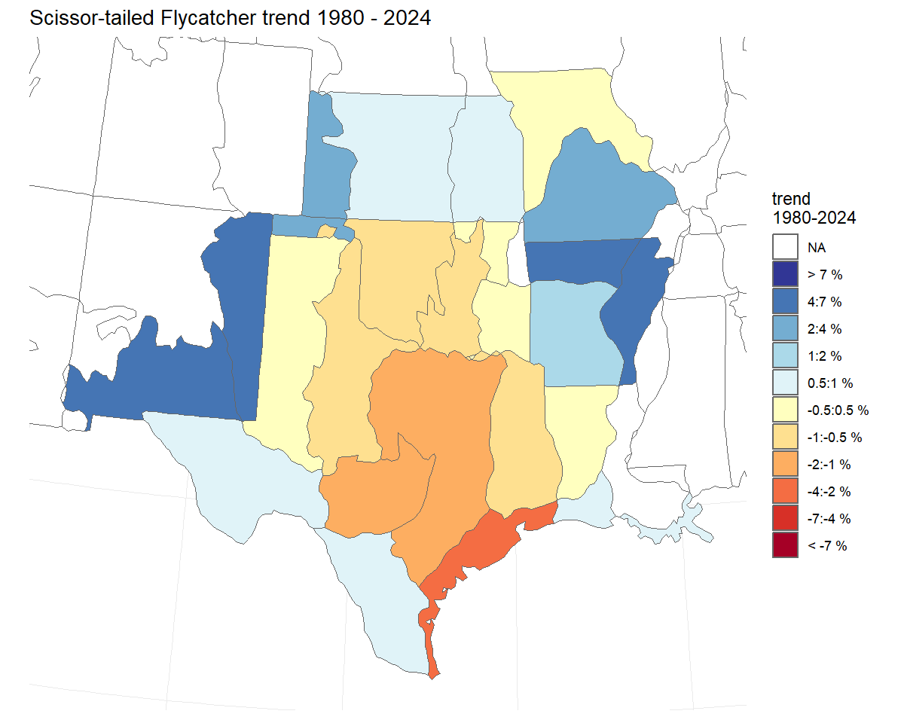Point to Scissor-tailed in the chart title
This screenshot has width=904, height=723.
(90, 19)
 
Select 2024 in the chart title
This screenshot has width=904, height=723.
(407, 19)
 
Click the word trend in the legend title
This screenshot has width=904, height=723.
(791, 200)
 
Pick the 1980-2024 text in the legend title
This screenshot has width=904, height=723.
(814, 218)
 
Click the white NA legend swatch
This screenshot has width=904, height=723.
(785, 247)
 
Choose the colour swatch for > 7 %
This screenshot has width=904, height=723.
(785, 274)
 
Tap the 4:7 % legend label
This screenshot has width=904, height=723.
(825, 301)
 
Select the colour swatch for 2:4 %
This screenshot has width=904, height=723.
(785, 328)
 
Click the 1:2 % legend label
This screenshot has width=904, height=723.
(825, 355)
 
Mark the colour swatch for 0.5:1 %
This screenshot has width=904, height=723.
(785, 383)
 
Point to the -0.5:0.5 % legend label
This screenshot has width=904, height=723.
(838, 410)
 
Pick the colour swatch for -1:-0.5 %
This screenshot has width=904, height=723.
(785, 437)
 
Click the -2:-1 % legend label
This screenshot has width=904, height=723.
(829, 464)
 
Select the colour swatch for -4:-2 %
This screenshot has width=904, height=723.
(785, 491)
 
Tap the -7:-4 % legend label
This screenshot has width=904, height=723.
(829, 518)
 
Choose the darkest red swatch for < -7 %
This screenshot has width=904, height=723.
(785, 545)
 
